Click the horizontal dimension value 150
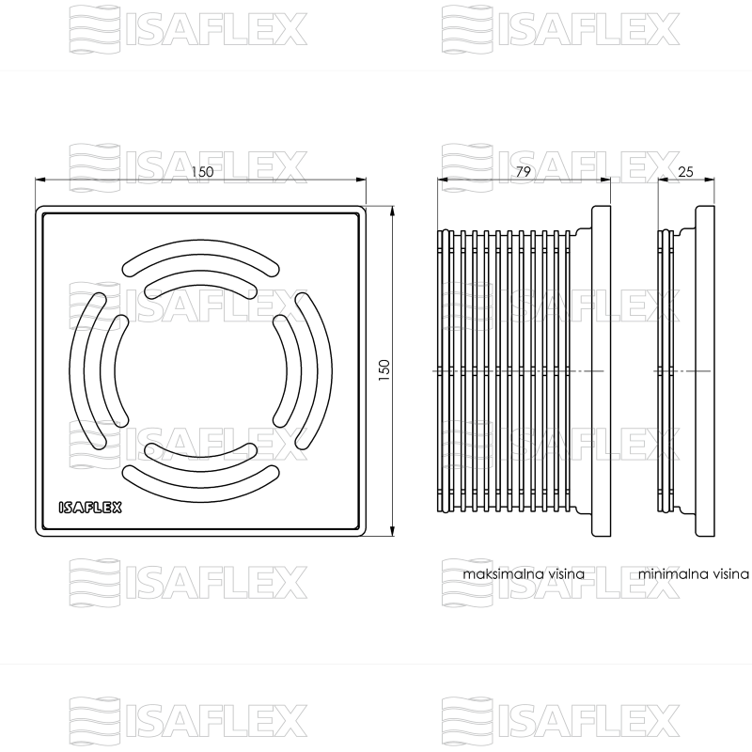(x=202, y=171)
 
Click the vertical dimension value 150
(x=384, y=370)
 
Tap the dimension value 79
(x=524, y=171)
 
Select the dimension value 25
(x=685, y=171)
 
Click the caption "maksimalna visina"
(x=524, y=573)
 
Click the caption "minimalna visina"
(x=694, y=573)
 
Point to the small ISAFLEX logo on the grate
(x=90, y=508)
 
